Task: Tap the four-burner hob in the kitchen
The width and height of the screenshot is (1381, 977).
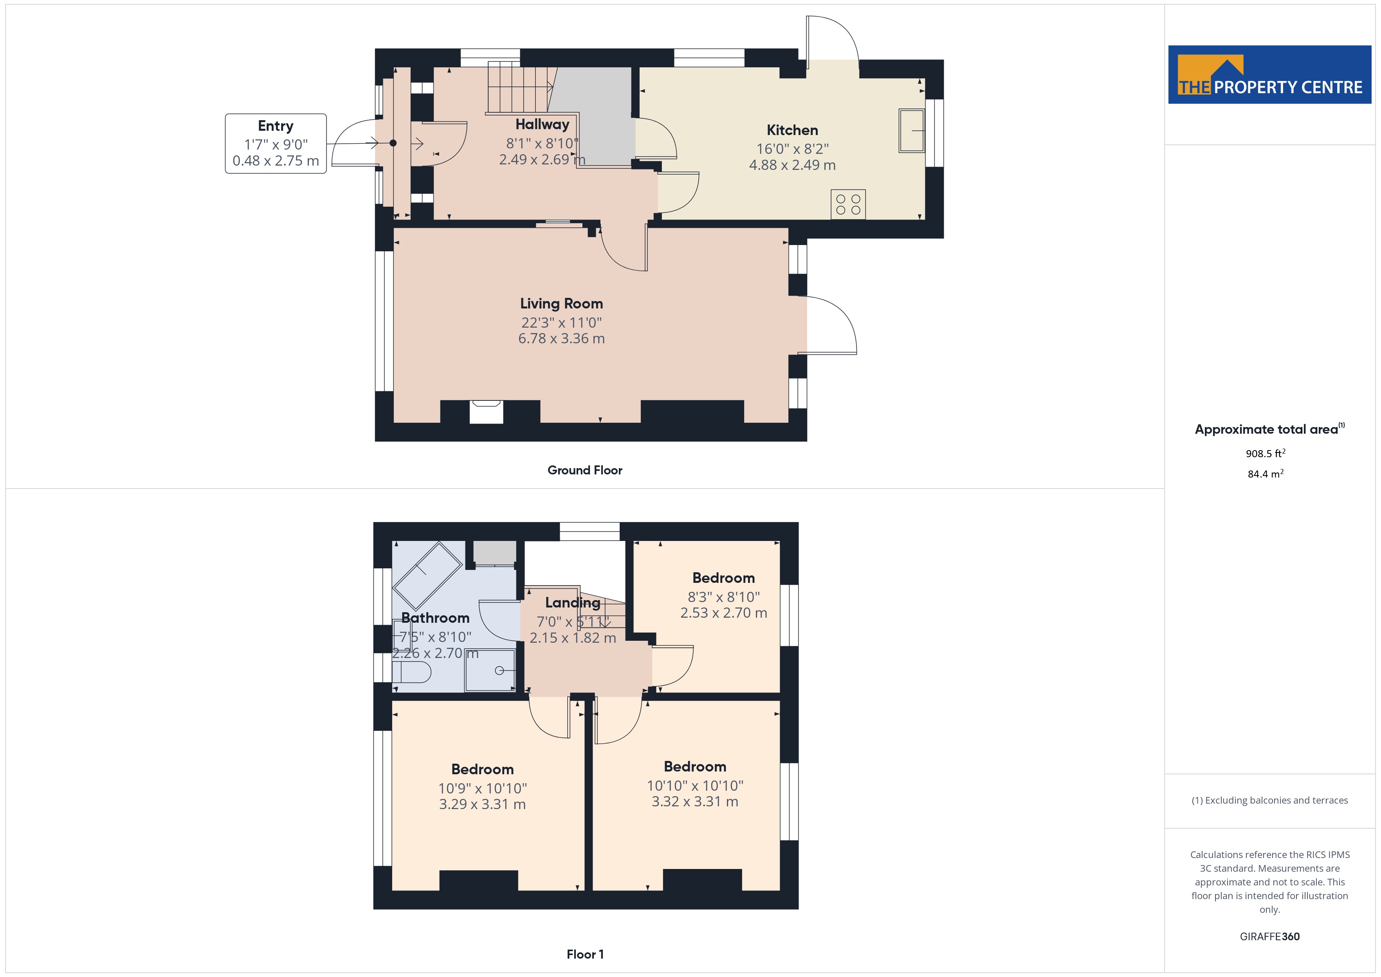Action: point(848,205)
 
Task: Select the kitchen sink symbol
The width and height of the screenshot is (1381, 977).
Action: point(911,131)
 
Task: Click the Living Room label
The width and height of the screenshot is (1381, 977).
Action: point(561,304)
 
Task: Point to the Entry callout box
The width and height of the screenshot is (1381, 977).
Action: point(276,144)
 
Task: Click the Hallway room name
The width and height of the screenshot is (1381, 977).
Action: point(542,124)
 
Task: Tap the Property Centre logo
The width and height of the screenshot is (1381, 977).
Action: point(1270,75)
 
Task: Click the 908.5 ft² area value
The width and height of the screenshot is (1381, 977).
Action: point(1266,453)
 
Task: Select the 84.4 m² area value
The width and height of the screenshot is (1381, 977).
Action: point(1266,474)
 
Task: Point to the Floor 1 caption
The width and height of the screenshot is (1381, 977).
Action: point(585,954)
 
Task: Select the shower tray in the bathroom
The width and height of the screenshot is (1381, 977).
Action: point(490,670)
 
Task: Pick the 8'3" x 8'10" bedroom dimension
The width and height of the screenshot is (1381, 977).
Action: point(724,597)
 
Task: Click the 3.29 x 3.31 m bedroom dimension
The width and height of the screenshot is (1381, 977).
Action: point(482,804)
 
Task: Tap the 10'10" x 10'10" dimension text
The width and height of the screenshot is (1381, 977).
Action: point(695,786)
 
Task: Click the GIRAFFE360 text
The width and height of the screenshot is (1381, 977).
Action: point(1270,937)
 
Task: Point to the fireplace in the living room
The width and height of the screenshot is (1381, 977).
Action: point(486,412)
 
